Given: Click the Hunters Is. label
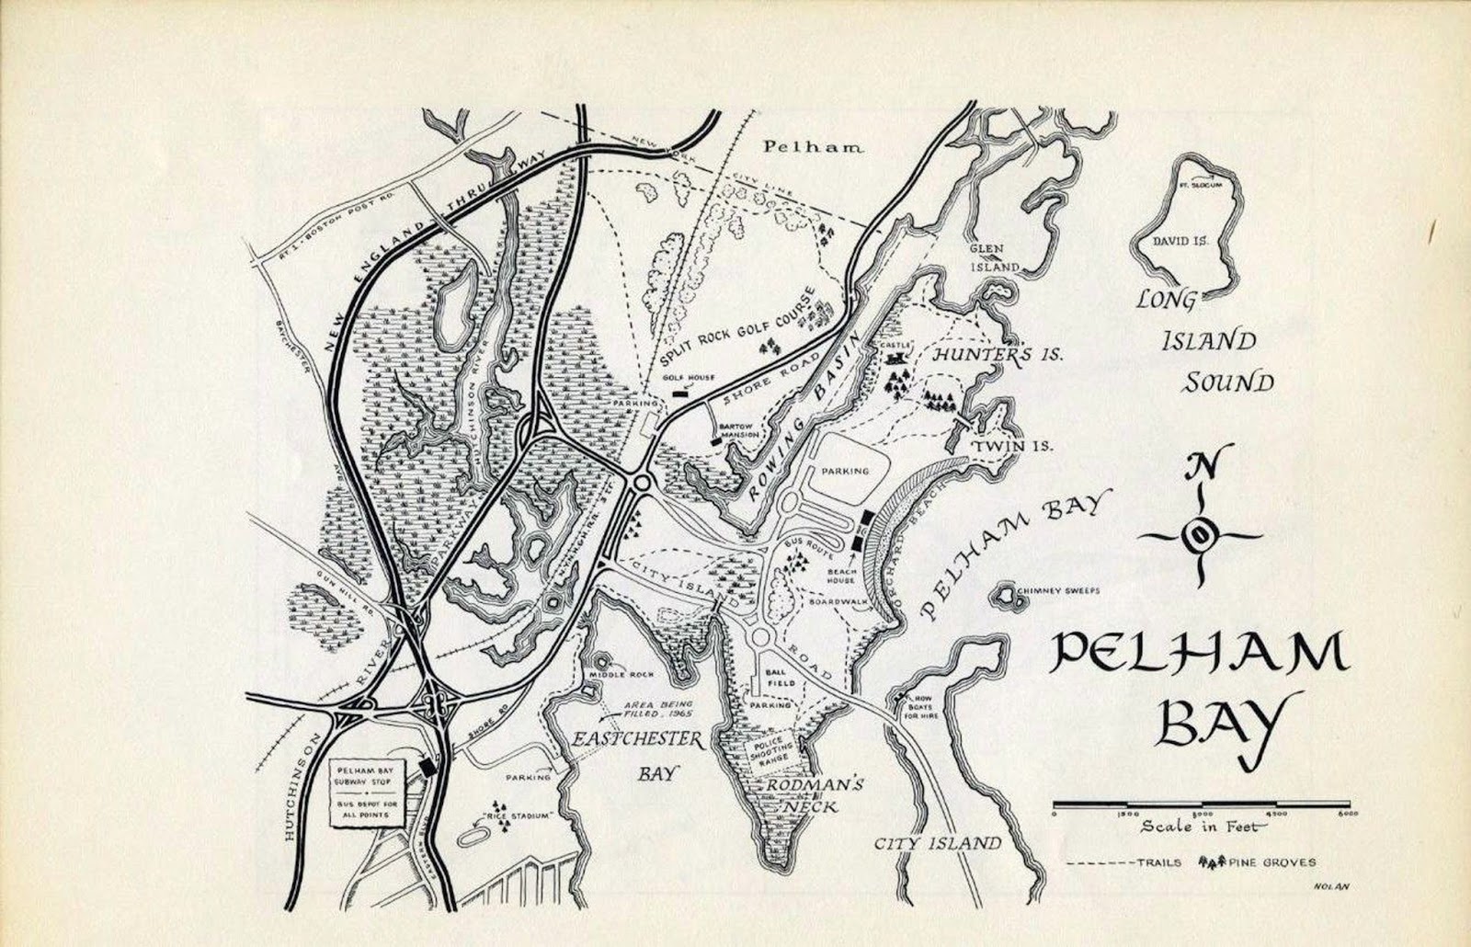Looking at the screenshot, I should tap(997, 355).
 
